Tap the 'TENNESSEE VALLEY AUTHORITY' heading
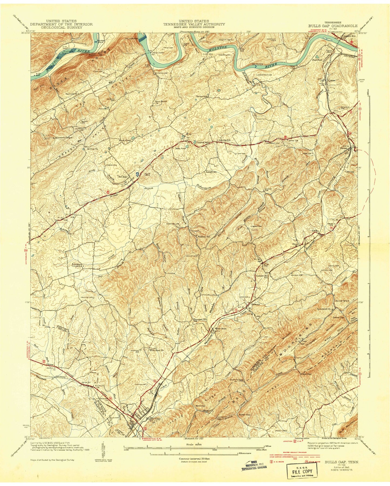194,24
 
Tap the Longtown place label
211,172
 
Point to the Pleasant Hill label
200,319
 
